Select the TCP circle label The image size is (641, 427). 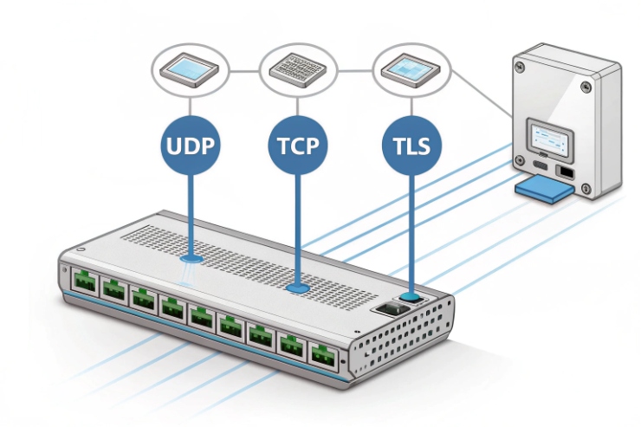tap(298, 144)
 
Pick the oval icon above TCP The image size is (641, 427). tap(299, 68)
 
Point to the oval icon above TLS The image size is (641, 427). tap(410, 68)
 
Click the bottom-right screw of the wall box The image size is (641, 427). tap(587, 188)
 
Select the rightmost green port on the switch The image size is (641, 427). tap(323, 354)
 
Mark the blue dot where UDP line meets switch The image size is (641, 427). tap(192, 257)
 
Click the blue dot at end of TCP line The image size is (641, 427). tap(298, 287)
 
